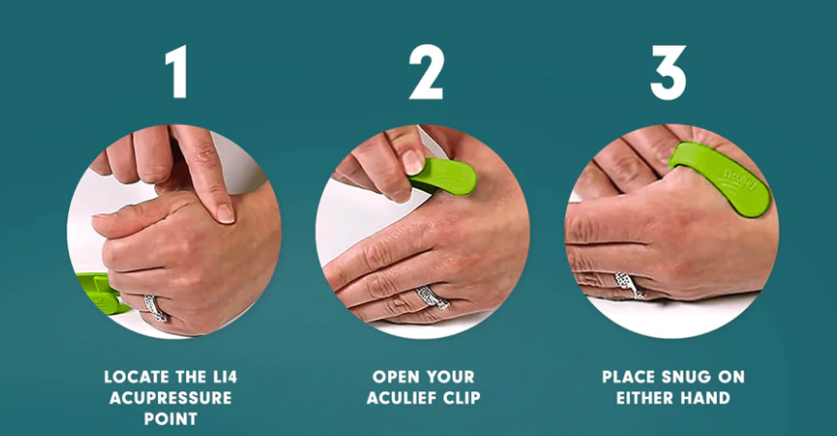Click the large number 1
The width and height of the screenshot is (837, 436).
tap(178, 71)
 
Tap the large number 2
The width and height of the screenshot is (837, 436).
tap(426, 71)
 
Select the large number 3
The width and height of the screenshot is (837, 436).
tap(668, 72)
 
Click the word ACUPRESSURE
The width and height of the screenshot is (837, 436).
tap(171, 398)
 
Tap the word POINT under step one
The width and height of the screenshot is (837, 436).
tap(171, 418)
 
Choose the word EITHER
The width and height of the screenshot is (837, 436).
tap(647, 398)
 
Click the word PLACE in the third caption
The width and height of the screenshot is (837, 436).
tap(629, 377)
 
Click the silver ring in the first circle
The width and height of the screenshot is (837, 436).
tap(155, 308)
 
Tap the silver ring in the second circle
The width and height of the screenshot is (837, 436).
tap(432, 297)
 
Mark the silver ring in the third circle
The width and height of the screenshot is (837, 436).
tap(629, 285)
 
